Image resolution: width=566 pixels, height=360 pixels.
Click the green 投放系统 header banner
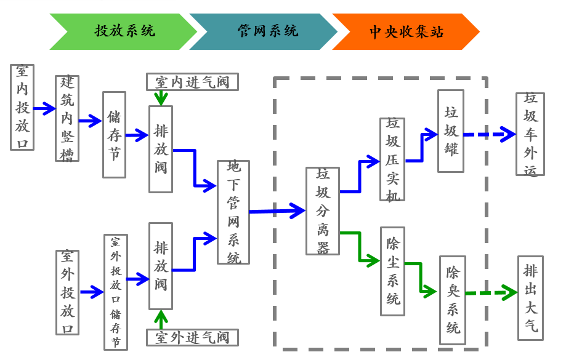coord(123,31)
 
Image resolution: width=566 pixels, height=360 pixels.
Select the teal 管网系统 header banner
coord(265,31)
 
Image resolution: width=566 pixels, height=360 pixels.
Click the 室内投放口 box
coord(22,108)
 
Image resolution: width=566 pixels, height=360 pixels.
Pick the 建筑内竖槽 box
coord(67,119)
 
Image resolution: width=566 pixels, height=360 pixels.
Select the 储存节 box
coord(114,135)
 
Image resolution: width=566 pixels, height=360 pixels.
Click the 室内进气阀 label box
coord(192,82)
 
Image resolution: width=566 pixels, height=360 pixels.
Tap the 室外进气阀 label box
coord(192,337)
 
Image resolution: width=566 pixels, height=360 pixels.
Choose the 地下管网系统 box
coord(233,212)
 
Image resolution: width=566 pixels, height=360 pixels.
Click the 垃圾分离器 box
coord(323,211)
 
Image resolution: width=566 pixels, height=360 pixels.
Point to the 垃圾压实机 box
coord(392,159)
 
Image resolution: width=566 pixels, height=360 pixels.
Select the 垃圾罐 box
coord(451,131)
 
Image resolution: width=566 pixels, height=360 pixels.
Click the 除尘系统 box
coord(392,271)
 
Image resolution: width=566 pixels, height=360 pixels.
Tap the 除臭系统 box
coord(453,300)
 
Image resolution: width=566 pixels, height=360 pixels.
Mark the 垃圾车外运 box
coord(530,134)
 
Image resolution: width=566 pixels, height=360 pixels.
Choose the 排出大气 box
coord(530,298)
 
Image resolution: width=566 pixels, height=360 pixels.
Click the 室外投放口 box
coord(68,292)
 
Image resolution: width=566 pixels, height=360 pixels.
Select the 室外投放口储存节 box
coord(116,292)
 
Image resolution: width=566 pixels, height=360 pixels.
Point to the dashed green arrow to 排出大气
coord(491,293)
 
